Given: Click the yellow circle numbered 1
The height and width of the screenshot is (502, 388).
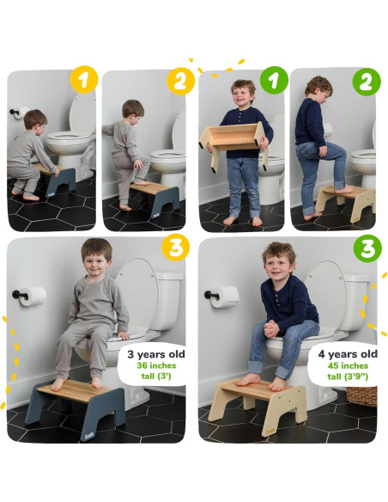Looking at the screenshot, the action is point(84,79).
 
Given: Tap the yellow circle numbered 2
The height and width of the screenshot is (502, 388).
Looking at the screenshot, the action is point(180,81).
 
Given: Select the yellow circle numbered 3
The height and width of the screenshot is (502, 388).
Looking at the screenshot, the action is point(175,248).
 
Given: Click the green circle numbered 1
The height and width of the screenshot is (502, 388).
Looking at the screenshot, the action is point(274,80).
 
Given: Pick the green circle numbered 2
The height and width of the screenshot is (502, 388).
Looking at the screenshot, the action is point(367,82).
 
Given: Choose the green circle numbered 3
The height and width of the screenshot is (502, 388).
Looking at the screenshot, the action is point(367,248).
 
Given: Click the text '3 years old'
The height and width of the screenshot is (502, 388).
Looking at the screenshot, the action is point(156,354).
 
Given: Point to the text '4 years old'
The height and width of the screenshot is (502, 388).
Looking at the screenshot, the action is point(348,354).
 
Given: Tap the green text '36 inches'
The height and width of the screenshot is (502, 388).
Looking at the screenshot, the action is point(156,365).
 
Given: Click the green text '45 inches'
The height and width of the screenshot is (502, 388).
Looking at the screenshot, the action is point(348,365).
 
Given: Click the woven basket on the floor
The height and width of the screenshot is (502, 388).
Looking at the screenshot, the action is point(361,396).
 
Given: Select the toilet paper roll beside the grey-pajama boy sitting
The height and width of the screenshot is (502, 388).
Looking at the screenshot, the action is point(33,297).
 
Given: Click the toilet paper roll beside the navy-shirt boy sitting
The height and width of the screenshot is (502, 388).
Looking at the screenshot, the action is point(225,297).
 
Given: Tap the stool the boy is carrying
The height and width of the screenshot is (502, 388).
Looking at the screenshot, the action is point(233,144).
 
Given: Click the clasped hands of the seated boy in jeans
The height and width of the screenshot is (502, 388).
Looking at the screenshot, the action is point(271,329).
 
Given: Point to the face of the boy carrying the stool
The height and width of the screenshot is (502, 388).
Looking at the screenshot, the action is point(243,96).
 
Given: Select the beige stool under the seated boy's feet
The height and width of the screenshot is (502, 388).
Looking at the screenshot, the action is point(258,405).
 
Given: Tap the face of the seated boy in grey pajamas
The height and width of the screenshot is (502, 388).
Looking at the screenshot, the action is point(96,265).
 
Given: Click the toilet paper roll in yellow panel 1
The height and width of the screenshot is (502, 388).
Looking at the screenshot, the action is point(21,113).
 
